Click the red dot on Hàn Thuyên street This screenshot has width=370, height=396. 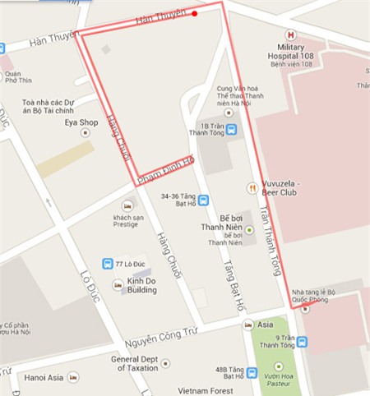[x=195, y=13]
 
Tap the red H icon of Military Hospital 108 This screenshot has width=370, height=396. [x=289, y=35]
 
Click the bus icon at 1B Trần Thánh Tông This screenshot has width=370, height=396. [x=232, y=129]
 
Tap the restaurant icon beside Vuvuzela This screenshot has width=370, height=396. [x=252, y=188]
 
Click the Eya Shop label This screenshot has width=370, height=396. [x=81, y=123]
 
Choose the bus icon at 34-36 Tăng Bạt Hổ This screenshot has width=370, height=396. [x=203, y=200]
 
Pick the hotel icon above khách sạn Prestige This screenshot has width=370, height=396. [x=127, y=205]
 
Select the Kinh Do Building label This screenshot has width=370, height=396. [x=141, y=285]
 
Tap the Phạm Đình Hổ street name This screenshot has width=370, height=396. [x=164, y=171]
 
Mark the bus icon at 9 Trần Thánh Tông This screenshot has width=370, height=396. [x=302, y=343]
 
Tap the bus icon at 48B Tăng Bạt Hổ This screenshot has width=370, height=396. [x=251, y=373]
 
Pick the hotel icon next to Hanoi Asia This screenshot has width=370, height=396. [x=73, y=377]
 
